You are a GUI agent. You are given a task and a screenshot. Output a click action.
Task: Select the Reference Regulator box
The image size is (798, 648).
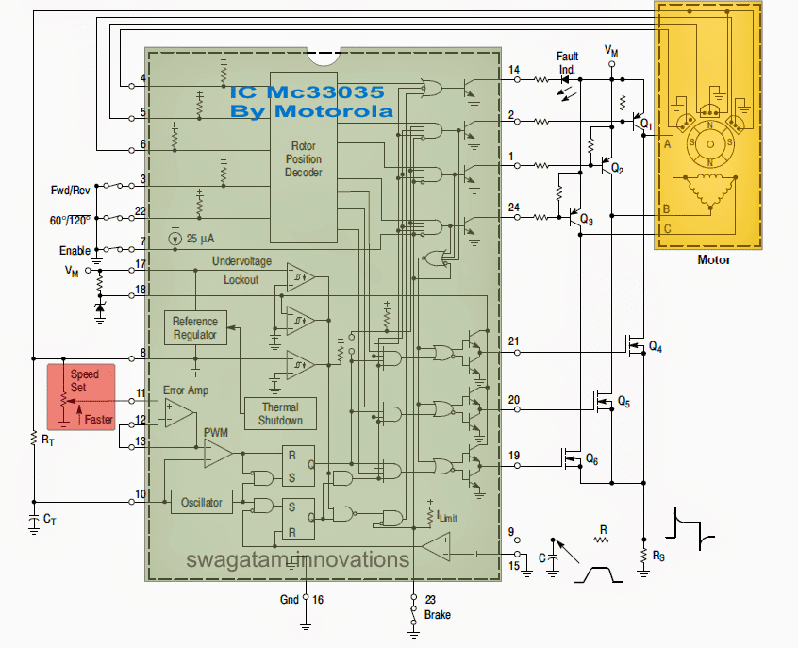[x=195, y=328]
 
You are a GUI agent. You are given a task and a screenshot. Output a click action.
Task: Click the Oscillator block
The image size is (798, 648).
[x=202, y=502]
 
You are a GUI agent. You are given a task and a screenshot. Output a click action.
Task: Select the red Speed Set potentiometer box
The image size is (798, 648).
[x=81, y=397]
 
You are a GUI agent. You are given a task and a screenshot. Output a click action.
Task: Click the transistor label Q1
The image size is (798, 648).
[x=646, y=123]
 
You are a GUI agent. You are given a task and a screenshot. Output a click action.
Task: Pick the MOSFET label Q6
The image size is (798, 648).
[x=592, y=458]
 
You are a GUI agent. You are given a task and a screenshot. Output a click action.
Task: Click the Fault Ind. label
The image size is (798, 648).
[x=568, y=62]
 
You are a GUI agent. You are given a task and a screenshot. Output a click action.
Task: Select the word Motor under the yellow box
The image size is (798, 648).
[x=713, y=260]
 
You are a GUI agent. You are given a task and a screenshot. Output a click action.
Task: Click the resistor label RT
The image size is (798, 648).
[x=39, y=439]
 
